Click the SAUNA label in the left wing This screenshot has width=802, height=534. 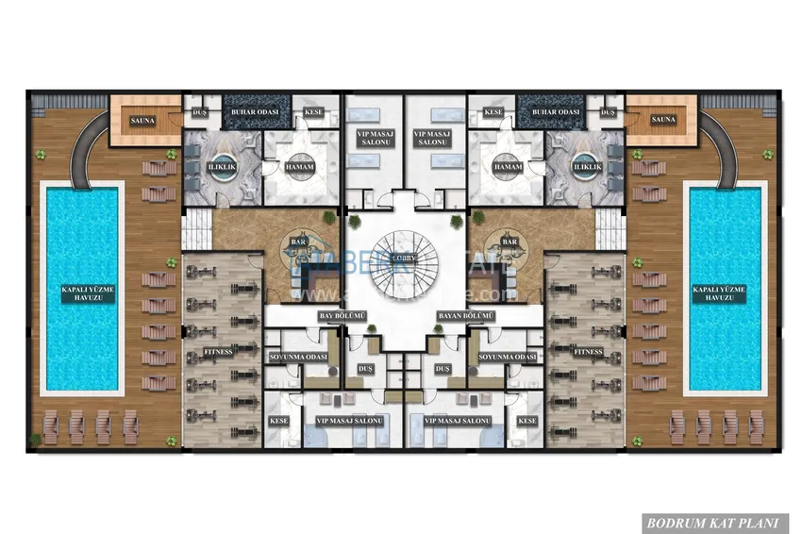pos(143,120)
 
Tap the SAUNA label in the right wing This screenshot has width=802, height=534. pos(663,120)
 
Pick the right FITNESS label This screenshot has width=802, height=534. pos(588,352)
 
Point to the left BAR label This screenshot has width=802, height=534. pos(298,242)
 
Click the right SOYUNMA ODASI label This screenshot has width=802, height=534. pos(507,358)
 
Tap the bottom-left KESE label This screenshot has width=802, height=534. pos(278,421)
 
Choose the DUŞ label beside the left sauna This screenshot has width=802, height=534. pos(199,112)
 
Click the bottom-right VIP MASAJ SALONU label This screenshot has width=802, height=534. pos(459,421)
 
